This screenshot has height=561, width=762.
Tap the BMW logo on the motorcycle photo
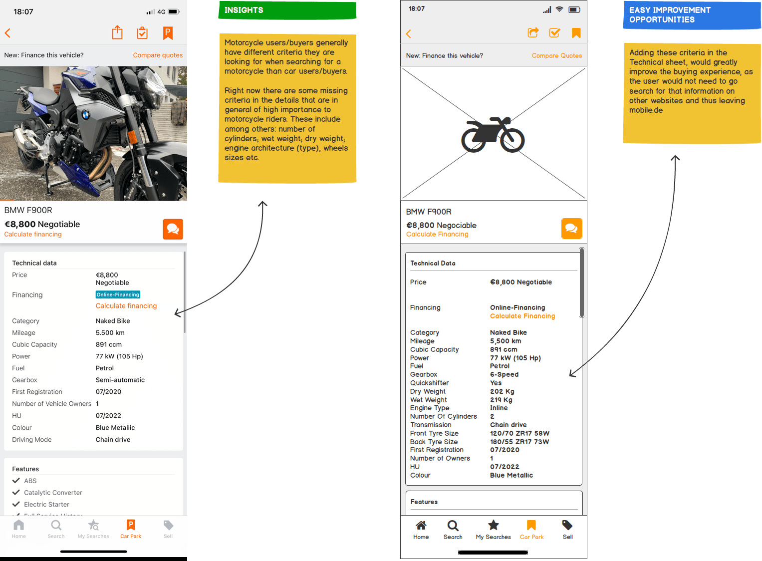click(86, 115)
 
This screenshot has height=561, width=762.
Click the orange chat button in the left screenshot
click(173, 229)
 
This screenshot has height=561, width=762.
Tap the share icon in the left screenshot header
click(117, 32)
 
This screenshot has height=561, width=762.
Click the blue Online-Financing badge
click(118, 294)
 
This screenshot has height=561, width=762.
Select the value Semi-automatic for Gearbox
click(120, 380)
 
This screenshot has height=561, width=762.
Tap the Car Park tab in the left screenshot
click(131, 529)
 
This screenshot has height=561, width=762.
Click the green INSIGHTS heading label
click(287, 10)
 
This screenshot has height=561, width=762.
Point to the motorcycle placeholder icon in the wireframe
click(493, 135)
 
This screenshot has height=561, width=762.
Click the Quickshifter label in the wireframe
click(429, 383)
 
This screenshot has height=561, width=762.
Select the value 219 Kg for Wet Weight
click(501, 400)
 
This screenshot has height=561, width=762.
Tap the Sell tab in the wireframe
click(567, 530)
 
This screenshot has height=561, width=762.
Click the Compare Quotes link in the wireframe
click(557, 55)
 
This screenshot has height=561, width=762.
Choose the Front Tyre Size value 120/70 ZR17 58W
click(520, 433)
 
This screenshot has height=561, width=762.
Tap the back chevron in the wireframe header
click(409, 33)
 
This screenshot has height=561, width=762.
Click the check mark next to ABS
click(16, 480)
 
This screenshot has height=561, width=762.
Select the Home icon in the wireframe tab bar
click(421, 526)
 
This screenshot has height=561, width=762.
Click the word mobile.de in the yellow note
click(646, 110)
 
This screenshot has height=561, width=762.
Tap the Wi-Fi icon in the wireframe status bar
click(559, 9)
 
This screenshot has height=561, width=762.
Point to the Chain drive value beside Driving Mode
click(113, 440)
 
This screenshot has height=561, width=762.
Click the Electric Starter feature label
click(46, 504)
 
